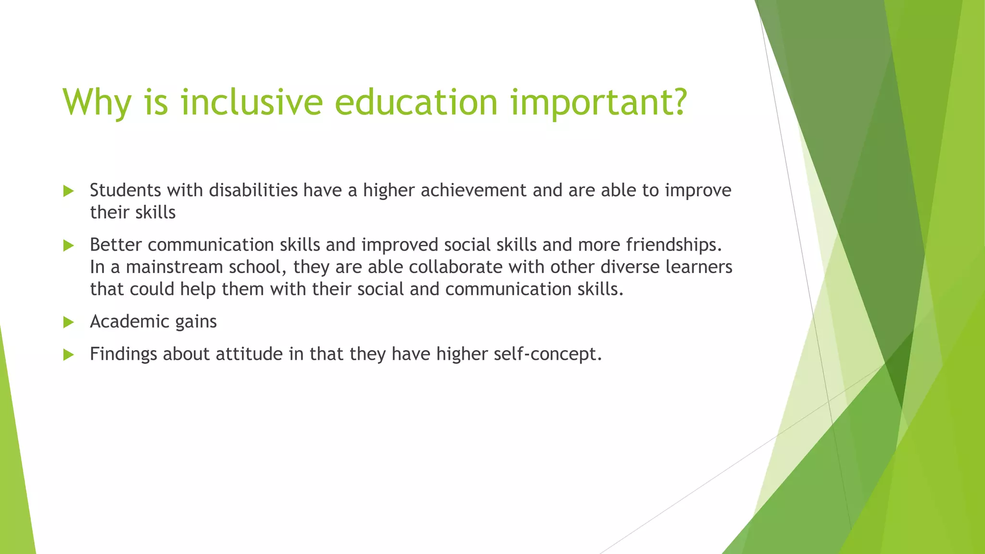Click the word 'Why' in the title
[x=97, y=102]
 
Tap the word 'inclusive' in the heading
[x=251, y=102]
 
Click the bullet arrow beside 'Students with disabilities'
[x=68, y=191]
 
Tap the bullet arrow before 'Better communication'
[x=68, y=246]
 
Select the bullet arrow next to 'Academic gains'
[x=68, y=322]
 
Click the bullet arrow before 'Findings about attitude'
[x=68, y=355]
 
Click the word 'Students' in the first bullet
[x=126, y=190]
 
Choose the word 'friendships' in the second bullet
[x=670, y=245]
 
